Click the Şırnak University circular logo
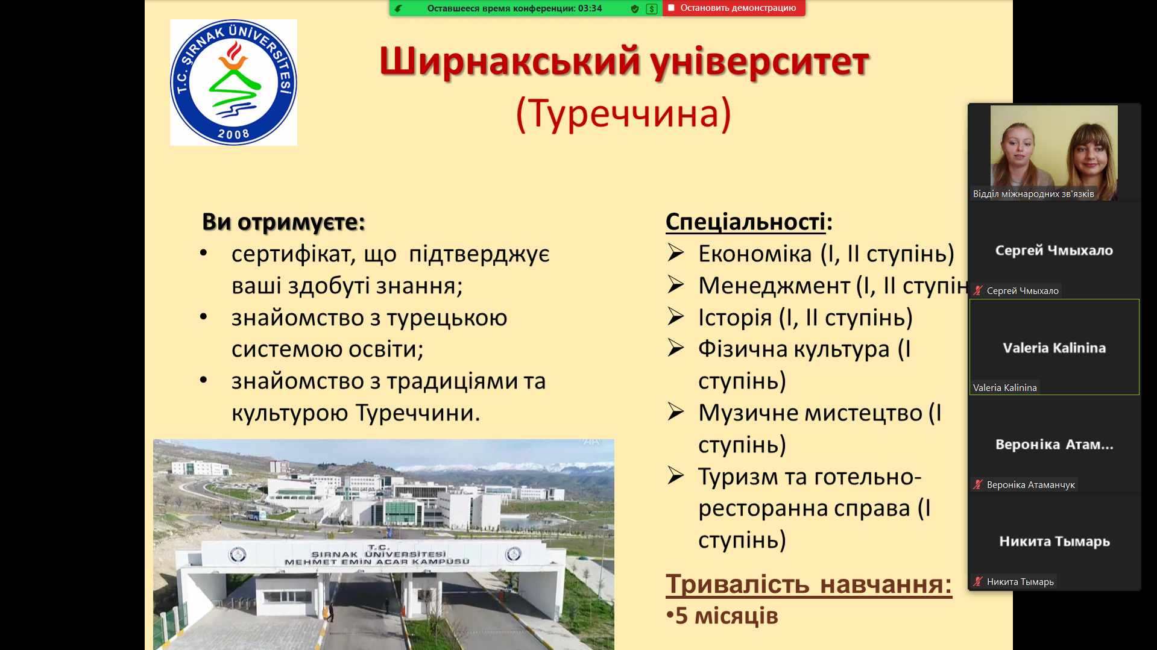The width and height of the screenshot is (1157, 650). pos(233,83)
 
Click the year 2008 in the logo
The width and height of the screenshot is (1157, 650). pos(233,134)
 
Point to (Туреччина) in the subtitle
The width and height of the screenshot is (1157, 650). pos(623,113)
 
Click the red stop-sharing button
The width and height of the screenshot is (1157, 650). pos(734,8)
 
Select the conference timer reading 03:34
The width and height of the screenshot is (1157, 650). pos(590,8)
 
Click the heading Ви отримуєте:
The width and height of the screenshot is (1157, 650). pos(283,222)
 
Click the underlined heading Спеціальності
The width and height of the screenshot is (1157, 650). pos(745,222)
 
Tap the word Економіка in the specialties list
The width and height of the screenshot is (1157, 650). pos(755,254)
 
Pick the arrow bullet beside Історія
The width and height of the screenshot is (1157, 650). pos(676,316)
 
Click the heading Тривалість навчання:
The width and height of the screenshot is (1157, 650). pos(809,584)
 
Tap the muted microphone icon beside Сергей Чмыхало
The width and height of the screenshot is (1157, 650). pos(978,290)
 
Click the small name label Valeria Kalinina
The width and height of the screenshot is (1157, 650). pos(1004,388)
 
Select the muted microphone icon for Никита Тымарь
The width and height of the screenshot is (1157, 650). pos(978,581)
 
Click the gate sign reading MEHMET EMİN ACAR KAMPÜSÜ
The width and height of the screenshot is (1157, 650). pos(376,561)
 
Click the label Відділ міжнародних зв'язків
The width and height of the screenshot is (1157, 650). pos(1033,194)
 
